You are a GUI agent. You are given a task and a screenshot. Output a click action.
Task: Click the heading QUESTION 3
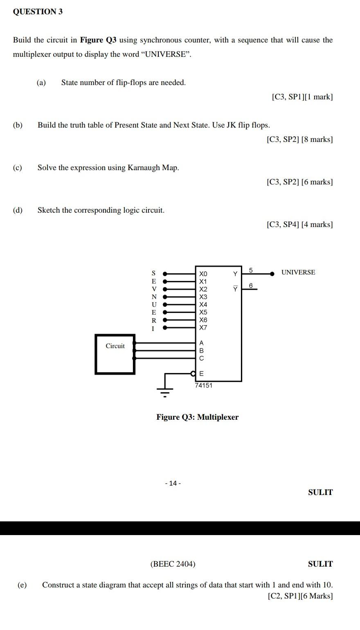[38, 11]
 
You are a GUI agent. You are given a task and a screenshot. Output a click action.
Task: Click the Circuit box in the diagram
[115, 354]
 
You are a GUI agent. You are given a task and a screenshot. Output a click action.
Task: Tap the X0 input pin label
[203, 273]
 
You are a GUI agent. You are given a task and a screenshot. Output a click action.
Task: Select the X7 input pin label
[203, 328]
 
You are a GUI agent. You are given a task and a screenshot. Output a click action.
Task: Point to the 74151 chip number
[203, 385]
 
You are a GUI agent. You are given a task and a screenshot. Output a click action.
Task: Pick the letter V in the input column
[154, 289]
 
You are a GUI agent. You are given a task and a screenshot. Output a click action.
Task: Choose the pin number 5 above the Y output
[251, 270]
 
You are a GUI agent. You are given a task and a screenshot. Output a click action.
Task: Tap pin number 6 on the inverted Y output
[251, 285]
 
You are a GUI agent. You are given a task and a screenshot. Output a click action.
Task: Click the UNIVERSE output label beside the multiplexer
[298, 272]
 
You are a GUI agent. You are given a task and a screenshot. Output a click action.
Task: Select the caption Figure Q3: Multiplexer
[197, 417]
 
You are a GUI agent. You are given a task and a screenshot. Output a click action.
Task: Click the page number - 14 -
[173, 483]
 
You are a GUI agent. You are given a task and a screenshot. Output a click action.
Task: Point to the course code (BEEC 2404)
[173, 564]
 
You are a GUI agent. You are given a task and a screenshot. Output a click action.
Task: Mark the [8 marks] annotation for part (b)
[317, 139]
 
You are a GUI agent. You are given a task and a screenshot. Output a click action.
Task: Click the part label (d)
[18, 210]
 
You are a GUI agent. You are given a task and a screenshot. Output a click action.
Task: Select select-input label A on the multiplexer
[201, 343]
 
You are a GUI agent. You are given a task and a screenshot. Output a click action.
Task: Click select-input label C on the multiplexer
[201, 358]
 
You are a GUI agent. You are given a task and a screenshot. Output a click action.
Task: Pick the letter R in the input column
[154, 320]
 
